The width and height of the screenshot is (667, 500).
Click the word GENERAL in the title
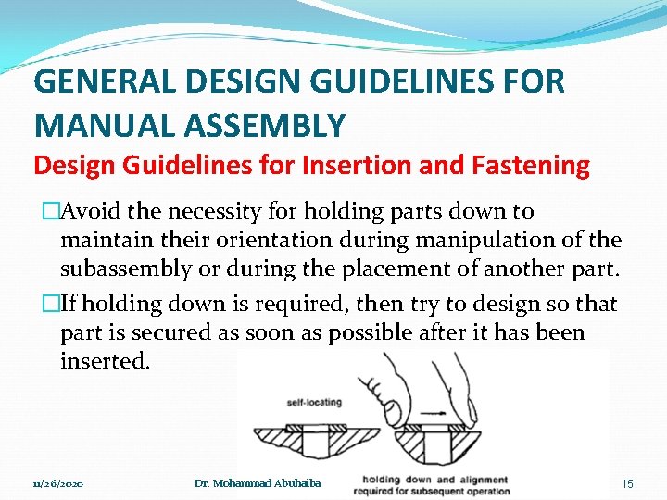(x=102, y=81)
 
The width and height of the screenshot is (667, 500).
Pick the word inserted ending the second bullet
(x=102, y=361)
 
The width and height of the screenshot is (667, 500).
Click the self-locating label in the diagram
(x=313, y=403)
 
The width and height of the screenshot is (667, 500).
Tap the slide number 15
(x=628, y=483)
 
